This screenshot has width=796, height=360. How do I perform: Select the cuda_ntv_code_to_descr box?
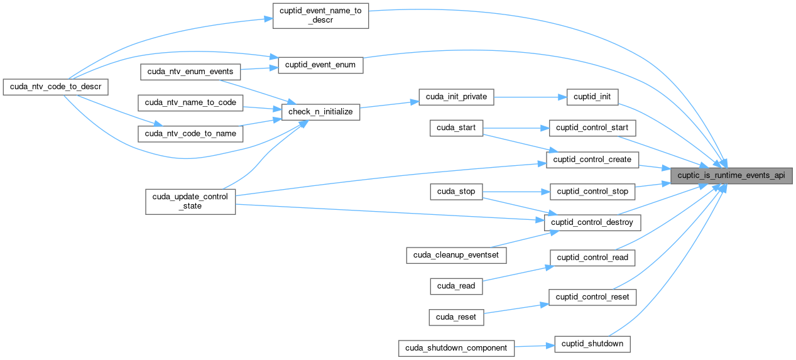tap(55, 86)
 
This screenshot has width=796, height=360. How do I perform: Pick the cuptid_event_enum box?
tap(320, 65)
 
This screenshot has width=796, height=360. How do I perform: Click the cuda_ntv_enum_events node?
tap(190, 71)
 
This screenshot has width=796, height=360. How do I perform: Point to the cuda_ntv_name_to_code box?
tap(190, 102)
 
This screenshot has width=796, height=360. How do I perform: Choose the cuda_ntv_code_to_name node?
tap(190, 133)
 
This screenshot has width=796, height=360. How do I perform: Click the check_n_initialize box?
tap(320, 112)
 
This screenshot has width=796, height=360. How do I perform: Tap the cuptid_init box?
tap(592, 97)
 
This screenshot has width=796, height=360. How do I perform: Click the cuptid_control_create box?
tap(592, 160)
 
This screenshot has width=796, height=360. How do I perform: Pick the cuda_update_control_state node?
tap(190, 201)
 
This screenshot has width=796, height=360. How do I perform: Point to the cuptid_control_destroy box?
tap(594, 222)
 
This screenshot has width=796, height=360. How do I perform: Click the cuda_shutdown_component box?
tap(457, 347)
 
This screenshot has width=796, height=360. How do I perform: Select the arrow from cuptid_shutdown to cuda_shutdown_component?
tap(535, 346)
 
